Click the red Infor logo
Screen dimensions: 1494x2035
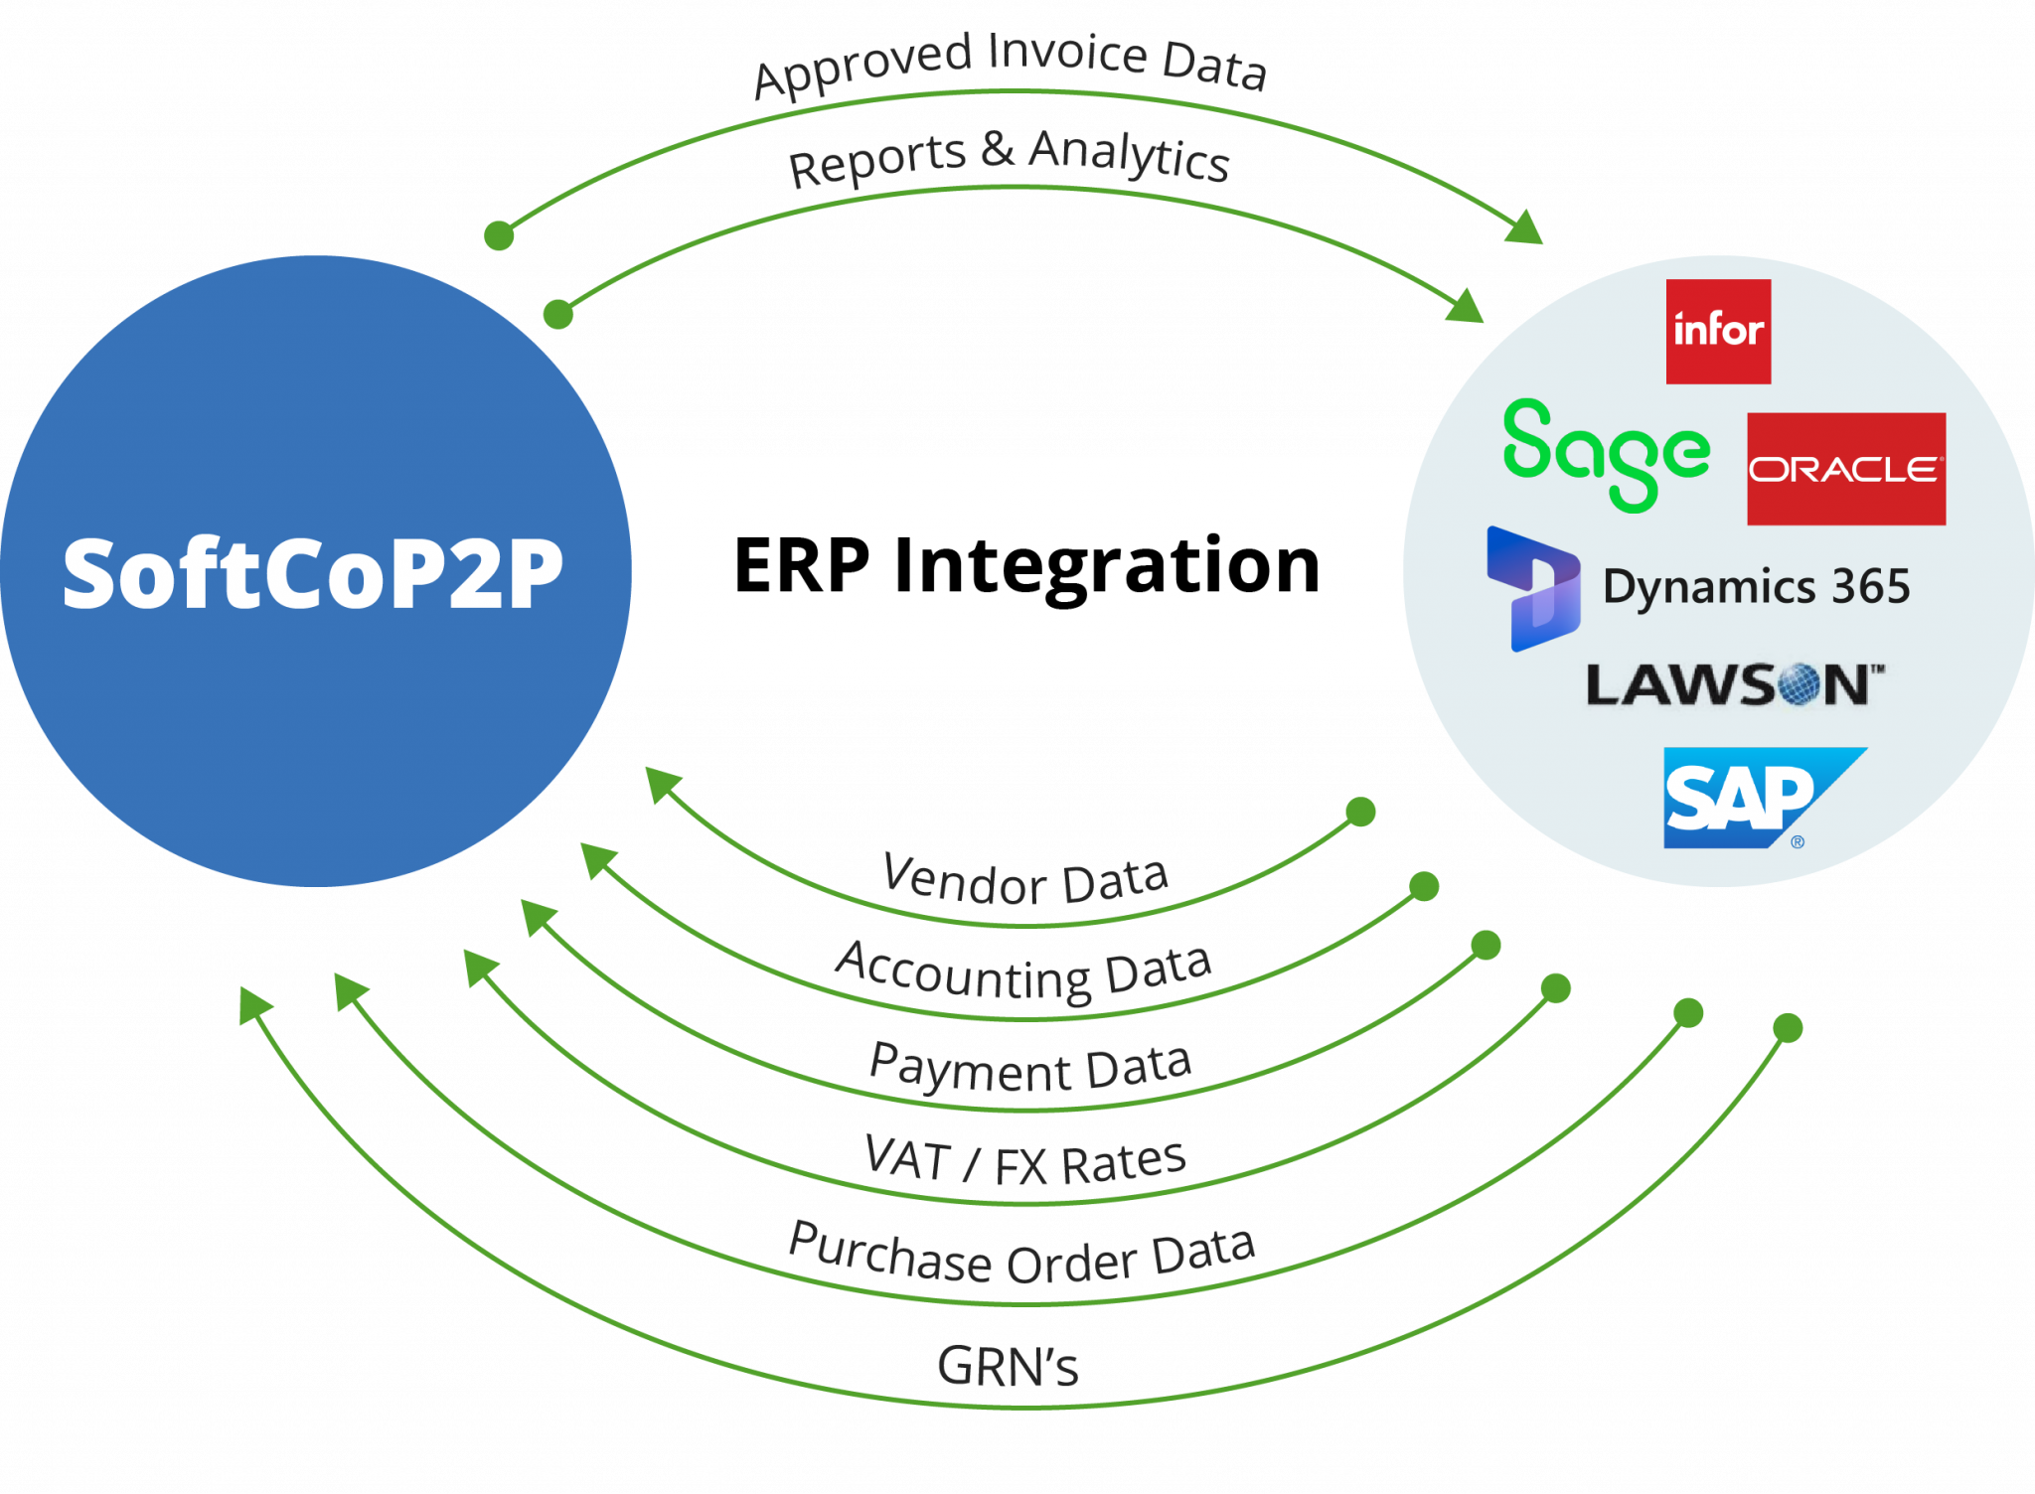[1718, 331]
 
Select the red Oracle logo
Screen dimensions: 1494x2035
[1845, 468]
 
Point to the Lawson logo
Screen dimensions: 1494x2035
[1734, 685]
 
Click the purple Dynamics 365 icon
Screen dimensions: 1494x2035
[1533, 588]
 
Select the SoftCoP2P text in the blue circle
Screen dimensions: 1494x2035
[312, 573]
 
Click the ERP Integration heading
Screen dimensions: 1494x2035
[1026, 565]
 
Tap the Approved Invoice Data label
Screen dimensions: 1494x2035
[1009, 63]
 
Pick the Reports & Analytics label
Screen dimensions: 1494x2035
[1009, 158]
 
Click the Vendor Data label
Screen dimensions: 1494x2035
[1025, 880]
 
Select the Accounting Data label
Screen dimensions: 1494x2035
[1023, 971]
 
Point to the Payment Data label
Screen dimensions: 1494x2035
[1029, 1067]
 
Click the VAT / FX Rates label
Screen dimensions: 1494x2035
[1025, 1160]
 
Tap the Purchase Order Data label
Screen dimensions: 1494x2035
[1021, 1255]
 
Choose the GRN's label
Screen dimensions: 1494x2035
[1008, 1366]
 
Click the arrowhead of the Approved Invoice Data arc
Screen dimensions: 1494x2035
[1525, 229]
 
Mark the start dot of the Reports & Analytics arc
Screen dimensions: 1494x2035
[558, 314]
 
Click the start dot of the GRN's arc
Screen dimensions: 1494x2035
[1788, 1027]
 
